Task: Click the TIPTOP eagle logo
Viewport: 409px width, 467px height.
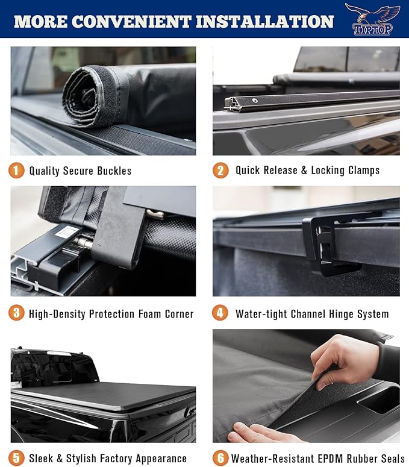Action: point(372,19)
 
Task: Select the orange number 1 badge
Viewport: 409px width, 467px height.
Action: point(16,171)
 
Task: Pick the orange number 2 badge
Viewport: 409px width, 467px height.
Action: point(220,171)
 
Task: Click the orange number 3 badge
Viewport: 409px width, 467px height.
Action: point(16,313)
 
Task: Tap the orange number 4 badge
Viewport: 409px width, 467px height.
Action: point(220,313)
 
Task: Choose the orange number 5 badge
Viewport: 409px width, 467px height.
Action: point(16,458)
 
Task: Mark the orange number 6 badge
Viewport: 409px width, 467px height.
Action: point(220,458)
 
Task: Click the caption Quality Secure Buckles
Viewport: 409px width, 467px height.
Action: point(80,171)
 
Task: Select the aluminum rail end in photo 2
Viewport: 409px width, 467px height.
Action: point(233,104)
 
